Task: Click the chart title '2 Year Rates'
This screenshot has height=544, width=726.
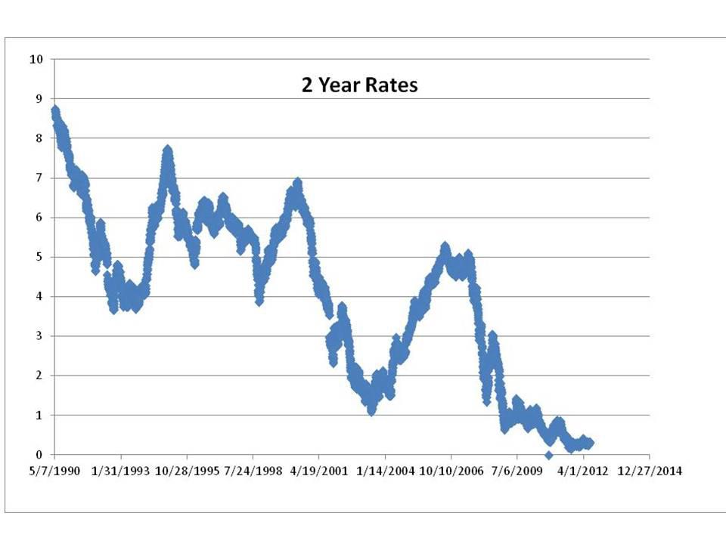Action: (360, 85)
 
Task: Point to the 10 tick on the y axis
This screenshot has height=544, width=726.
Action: (36, 59)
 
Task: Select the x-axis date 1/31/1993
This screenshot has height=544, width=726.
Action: (120, 471)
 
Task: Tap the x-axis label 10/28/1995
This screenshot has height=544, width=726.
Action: (186, 471)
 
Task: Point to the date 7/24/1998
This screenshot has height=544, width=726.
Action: (253, 471)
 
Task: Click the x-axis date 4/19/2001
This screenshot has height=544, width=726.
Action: (318, 471)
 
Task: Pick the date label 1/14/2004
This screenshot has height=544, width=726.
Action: (385, 471)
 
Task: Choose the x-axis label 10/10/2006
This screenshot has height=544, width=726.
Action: (451, 471)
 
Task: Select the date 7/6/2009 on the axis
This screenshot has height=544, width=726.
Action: (517, 471)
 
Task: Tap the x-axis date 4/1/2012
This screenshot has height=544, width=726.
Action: (583, 471)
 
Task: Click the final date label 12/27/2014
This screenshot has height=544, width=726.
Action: (650, 471)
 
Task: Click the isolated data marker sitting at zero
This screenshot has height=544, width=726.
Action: (549, 455)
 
